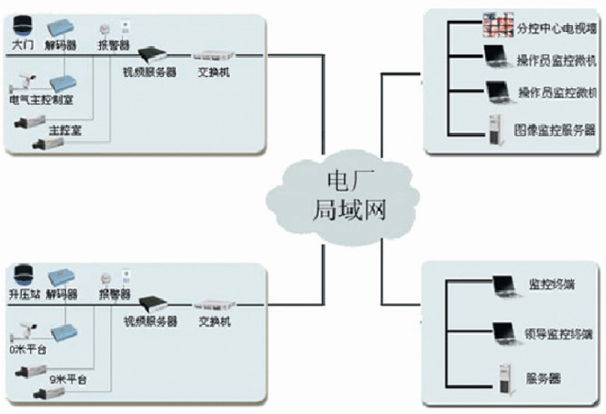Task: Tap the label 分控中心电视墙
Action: click(x=556, y=28)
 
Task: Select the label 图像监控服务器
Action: click(x=556, y=130)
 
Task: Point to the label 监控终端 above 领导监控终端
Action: click(x=555, y=283)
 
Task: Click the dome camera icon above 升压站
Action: click(x=25, y=273)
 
